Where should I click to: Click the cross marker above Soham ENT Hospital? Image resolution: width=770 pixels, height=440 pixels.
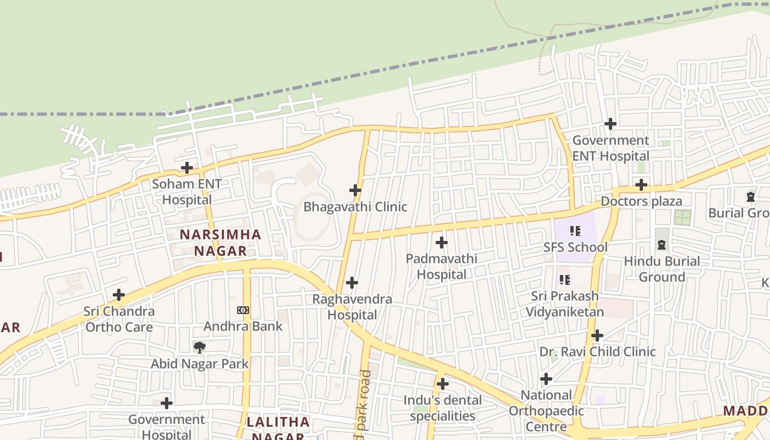[187, 168]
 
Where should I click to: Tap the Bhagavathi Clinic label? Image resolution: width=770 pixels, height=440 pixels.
[355, 207]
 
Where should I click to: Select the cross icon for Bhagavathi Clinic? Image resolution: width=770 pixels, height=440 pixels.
[355, 190]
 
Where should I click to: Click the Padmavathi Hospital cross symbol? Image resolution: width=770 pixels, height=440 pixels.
[441, 242]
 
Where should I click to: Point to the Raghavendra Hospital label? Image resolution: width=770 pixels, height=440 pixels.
[352, 307]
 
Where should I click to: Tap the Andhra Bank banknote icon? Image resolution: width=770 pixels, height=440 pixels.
[243, 310]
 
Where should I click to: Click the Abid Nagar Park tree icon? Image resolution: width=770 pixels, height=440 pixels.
[200, 347]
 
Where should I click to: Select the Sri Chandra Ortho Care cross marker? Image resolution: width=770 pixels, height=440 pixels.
[119, 295]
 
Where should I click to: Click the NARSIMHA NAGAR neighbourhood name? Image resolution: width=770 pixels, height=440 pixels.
[221, 243]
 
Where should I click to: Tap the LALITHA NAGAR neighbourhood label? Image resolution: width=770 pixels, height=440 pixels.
[278, 430]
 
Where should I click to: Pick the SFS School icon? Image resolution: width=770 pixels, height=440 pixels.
[575, 231]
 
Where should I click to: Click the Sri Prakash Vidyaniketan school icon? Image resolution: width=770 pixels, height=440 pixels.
[565, 280]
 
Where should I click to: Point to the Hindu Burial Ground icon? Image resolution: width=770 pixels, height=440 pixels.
[662, 245]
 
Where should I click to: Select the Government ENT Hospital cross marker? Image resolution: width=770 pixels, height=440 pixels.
[610, 124]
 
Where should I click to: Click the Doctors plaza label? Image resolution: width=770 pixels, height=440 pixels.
[641, 201]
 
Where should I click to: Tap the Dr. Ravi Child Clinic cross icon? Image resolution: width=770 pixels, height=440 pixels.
[597, 335]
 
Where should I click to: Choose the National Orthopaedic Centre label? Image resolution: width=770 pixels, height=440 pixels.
[546, 410]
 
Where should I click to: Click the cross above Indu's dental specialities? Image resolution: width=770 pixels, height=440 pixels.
[443, 384]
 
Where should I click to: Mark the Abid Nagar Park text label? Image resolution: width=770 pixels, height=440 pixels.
[200, 364]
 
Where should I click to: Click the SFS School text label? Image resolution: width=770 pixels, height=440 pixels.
[575, 247]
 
